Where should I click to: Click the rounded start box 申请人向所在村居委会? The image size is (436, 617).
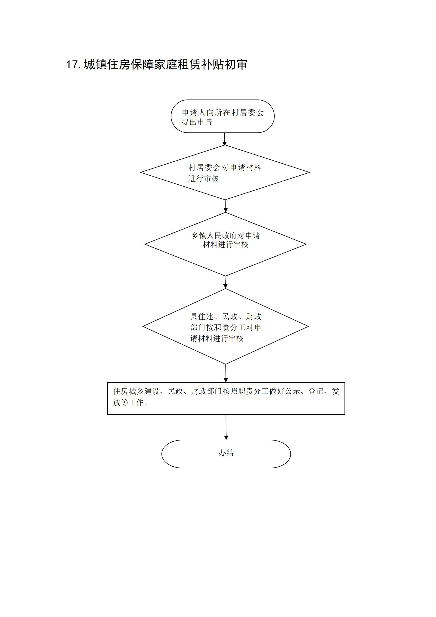point(223,116)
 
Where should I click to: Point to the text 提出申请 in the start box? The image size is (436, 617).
point(197,122)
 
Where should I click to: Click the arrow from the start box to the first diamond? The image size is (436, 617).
point(224,139)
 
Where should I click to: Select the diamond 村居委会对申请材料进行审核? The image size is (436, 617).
point(225,172)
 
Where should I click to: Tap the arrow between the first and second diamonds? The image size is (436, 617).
point(226,206)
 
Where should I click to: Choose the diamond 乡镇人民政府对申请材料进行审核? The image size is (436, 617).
point(226,244)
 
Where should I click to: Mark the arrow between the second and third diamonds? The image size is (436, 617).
point(225,282)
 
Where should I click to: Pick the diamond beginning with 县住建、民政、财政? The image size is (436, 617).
point(226,327)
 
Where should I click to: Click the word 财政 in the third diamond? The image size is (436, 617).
point(254,317)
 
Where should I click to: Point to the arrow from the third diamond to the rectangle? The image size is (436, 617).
point(226,373)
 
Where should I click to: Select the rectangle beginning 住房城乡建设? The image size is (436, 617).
point(226,399)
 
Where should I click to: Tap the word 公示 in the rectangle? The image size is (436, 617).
point(293,391)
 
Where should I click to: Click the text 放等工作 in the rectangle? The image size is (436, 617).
point(128,403)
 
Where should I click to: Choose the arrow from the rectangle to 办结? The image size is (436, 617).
point(226,427)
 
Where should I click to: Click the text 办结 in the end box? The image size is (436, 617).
point(226,453)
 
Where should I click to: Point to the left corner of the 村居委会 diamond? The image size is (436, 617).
point(140,173)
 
